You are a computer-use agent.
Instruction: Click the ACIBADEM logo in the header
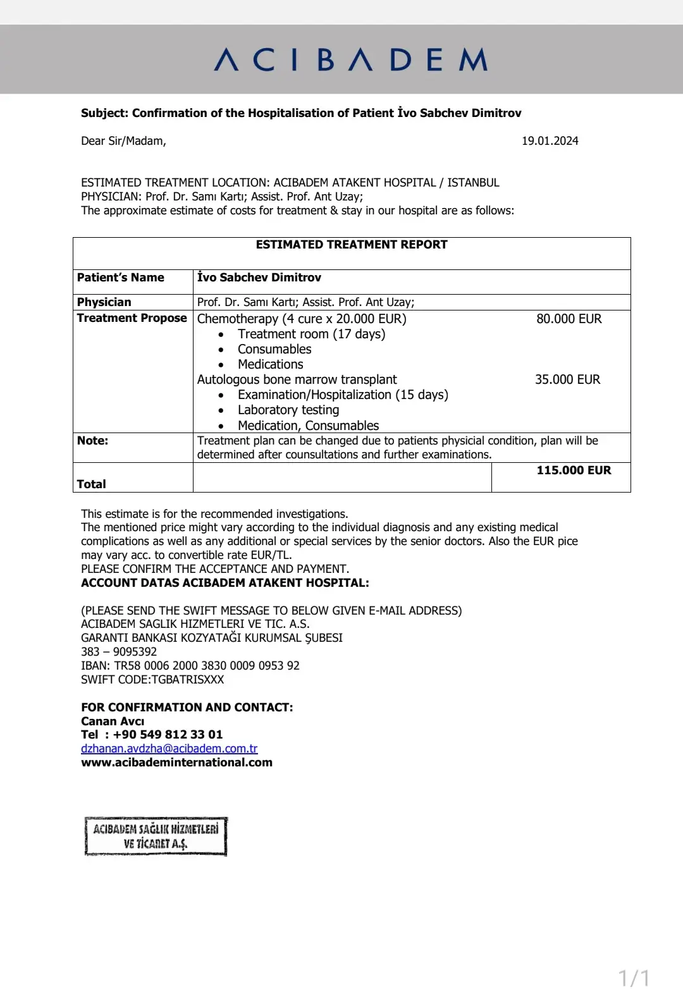[351, 60]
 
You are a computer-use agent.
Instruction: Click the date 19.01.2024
[550, 141]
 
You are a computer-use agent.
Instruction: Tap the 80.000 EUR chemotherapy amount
[569, 319]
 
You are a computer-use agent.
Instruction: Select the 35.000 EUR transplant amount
[567, 379]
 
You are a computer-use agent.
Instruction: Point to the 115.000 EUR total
[574, 470]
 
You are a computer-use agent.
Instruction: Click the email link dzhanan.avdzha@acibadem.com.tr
[169, 749]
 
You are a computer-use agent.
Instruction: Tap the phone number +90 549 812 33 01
[168, 735]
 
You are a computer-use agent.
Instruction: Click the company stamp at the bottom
[156, 836]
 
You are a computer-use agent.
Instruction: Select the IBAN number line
[190, 666]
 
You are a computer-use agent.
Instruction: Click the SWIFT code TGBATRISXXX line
[152, 680]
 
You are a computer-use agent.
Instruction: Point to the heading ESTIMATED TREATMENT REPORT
[352, 245]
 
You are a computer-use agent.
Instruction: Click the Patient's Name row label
[120, 278]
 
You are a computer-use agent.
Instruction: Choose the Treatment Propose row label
[132, 318]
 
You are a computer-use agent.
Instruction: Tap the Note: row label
[92, 441]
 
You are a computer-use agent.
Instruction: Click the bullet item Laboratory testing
[288, 410]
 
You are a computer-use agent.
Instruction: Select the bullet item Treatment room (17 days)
[311, 334]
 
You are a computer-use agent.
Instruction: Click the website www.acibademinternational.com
[176, 763]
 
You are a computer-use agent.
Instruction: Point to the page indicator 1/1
[634, 978]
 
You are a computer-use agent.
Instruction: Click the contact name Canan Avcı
[113, 722]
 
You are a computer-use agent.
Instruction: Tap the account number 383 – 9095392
[119, 652]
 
